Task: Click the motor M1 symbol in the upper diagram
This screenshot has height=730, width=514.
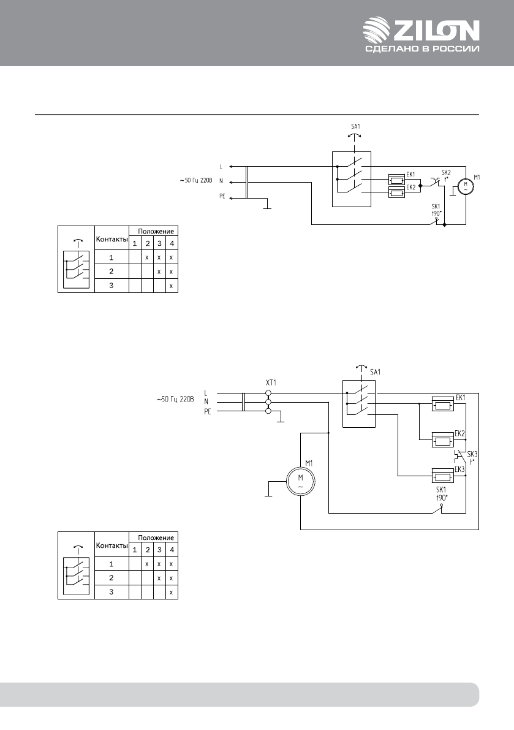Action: [x=467, y=186]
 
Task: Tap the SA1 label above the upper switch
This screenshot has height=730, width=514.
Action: [x=355, y=127]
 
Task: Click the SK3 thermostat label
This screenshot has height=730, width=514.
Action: [x=472, y=454]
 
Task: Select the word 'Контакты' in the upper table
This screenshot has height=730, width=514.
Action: [x=111, y=240]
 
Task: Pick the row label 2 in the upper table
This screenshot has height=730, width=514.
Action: [x=111, y=272]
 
